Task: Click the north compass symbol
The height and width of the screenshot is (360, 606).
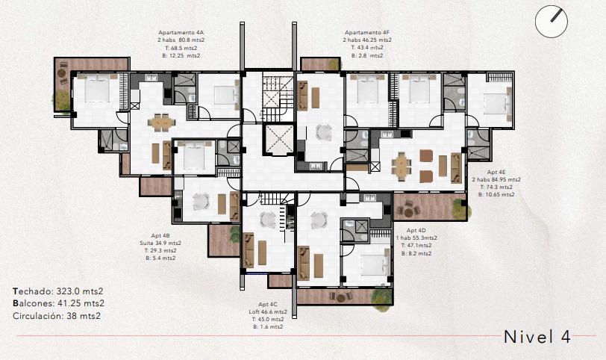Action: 552,21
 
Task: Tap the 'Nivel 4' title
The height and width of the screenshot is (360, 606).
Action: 537,337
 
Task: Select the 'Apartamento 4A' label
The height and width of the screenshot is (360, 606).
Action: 181,32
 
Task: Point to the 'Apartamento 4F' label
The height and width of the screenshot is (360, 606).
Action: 367,32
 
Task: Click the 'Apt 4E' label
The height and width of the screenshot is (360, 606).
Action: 496,172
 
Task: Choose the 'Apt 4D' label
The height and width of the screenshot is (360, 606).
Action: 416,231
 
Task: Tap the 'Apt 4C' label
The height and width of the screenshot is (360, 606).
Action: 268,304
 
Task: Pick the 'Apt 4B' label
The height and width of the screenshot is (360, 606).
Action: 160,235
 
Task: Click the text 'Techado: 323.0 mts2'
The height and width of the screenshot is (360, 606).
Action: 58,291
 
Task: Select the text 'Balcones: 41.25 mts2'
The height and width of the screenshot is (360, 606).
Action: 58,303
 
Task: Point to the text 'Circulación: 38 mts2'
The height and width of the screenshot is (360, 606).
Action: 57,315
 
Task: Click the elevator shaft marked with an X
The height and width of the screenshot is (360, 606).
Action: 279,139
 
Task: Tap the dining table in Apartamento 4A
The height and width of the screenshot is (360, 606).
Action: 161,122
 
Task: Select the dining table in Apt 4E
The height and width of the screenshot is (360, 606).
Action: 402,167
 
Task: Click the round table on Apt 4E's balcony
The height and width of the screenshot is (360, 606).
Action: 408,211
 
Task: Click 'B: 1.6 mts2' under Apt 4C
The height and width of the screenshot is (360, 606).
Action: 268,326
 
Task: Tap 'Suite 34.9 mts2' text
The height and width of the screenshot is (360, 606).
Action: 160,243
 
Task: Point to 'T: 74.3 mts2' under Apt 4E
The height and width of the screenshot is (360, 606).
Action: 496,187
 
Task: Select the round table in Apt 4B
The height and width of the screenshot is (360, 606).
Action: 201,202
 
